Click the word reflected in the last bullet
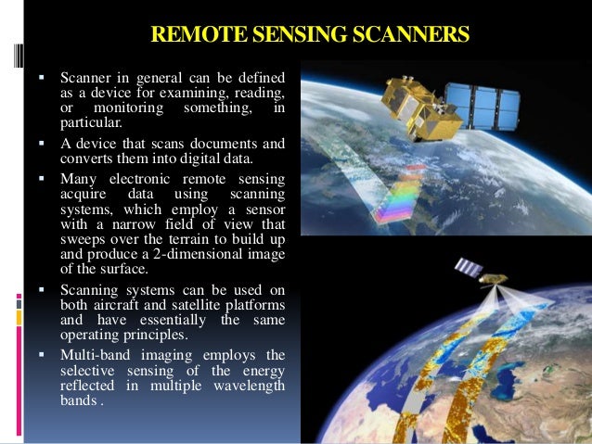coord(91,384)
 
